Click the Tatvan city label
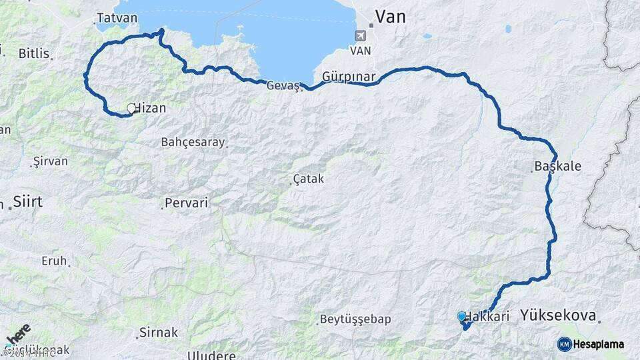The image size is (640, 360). pyautogui.click(x=117, y=18)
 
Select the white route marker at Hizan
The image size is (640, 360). pyautogui.click(x=131, y=107)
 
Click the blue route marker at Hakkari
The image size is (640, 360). pyautogui.click(x=461, y=316)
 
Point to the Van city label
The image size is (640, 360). pyautogui.click(x=390, y=17)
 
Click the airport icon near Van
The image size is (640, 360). pyautogui.click(x=361, y=35)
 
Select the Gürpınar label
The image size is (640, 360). pyautogui.click(x=349, y=77)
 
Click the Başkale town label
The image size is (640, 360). pyautogui.click(x=558, y=167)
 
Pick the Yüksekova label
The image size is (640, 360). pyautogui.click(x=559, y=315)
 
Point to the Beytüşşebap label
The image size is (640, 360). pyautogui.click(x=355, y=319)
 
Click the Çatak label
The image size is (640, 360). pyautogui.click(x=309, y=179)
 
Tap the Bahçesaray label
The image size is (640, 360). pyautogui.click(x=193, y=142)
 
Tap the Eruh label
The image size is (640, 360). pyautogui.click(x=54, y=261)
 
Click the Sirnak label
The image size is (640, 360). pyautogui.click(x=159, y=332)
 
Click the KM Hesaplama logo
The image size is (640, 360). pyautogui.click(x=591, y=344)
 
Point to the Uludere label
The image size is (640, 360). pyautogui.click(x=212, y=355)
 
